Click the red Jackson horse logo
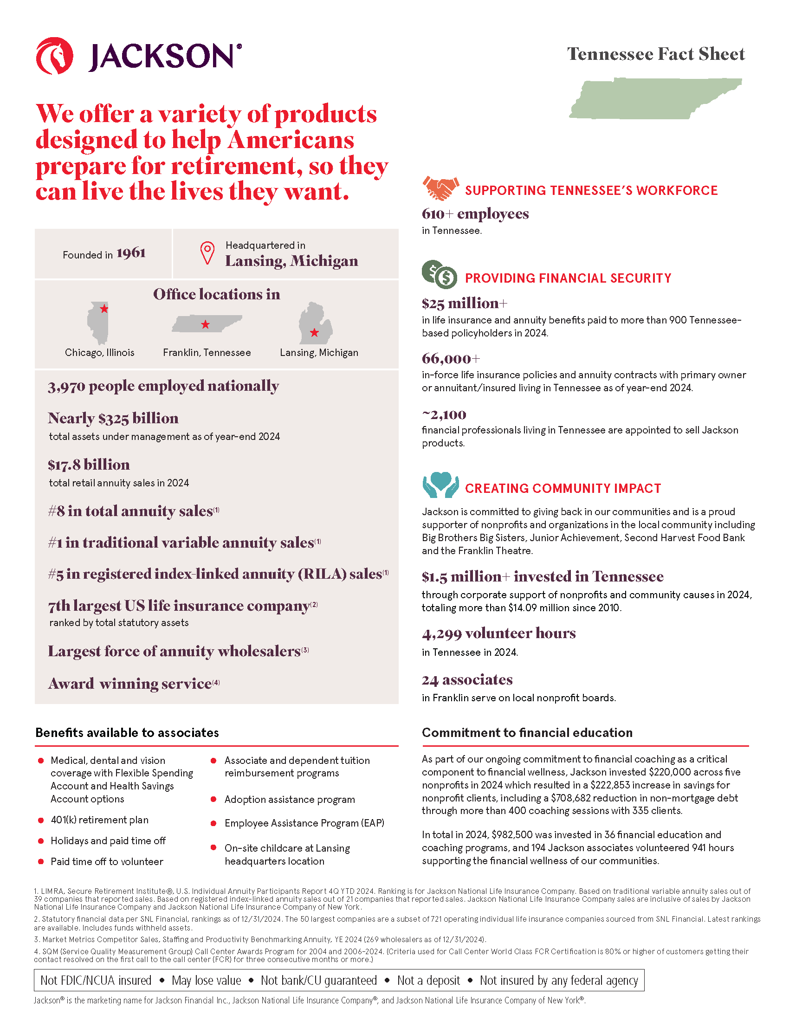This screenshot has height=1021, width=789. pos(54,56)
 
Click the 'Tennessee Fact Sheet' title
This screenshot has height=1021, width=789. pos(655,54)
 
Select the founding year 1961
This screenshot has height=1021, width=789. pos(131,253)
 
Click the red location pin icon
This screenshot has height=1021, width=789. pos(207,253)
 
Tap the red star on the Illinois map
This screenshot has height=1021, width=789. pos(104,309)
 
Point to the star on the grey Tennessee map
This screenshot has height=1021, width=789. pos(205,324)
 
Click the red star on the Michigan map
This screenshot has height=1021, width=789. pos(314,333)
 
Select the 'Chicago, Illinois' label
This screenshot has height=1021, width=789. pos(100,353)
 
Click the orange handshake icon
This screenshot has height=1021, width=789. pos(440,188)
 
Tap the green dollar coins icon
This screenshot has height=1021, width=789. pos(440,274)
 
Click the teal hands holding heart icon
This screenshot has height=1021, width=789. pos(440,485)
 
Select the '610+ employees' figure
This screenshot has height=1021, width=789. pos(475,214)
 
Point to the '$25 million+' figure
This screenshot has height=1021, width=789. pos(464,304)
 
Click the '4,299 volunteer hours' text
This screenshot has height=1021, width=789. pos(498,633)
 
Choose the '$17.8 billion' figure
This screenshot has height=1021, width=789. pos(89,465)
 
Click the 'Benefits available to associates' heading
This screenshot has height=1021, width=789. pos(127,732)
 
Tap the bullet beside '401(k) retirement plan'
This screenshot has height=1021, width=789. pos(41,820)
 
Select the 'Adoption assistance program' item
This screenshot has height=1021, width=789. pos(289,800)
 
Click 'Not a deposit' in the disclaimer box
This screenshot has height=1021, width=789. pos(428,980)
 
